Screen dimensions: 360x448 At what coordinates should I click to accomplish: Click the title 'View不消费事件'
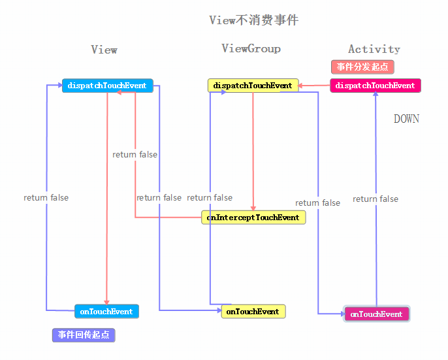pyautogui.click(x=253, y=20)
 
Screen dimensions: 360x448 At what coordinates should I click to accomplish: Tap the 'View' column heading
pyautogui.click(x=104, y=50)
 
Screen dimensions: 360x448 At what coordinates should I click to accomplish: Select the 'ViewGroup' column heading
pyautogui.click(x=251, y=49)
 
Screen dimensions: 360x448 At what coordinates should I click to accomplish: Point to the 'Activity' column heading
pyautogui.click(x=374, y=49)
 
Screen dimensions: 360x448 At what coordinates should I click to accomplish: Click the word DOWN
pyautogui.click(x=406, y=119)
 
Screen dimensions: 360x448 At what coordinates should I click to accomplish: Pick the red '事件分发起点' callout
pyautogui.click(x=362, y=67)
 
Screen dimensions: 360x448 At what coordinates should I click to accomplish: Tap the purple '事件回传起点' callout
pyautogui.click(x=84, y=335)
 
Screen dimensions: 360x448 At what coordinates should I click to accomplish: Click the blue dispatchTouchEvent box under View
pyautogui.click(x=107, y=86)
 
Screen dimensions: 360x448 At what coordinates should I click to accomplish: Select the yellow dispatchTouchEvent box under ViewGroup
pyautogui.click(x=253, y=86)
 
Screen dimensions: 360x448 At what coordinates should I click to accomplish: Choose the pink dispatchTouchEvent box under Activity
pyautogui.click(x=375, y=86)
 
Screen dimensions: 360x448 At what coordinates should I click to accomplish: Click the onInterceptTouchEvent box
pyautogui.click(x=253, y=218)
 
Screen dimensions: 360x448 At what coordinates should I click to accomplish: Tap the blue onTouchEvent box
pyautogui.click(x=106, y=312)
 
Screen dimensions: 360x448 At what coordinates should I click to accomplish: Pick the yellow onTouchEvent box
pyautogui.click(x=253, y=312)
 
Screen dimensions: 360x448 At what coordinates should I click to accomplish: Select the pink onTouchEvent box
pyautogui.click(x=376, y=314)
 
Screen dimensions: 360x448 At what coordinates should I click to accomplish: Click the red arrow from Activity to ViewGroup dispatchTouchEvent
pyautogui.click(x=314, y=86)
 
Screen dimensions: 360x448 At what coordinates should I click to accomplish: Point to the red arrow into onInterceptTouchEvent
pyautogui.click(x=253, y=150)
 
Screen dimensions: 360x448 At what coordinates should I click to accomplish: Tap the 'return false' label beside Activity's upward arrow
pyautogui.click(x=376, y=199)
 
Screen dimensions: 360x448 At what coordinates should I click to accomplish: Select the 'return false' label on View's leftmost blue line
pyautogui.click(x=46, y=198)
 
